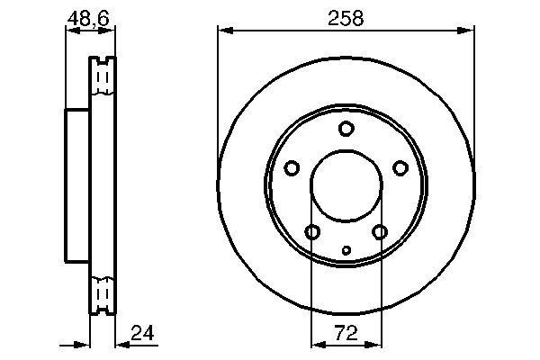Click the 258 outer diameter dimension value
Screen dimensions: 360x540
[346, 17]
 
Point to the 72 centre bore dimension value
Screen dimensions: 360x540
[346, 333]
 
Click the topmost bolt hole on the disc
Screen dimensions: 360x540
[346, 129]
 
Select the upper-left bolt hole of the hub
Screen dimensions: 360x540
[292, 167]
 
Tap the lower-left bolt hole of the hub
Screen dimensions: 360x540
[312, 233]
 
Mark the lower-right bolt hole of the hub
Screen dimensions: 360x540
[380, 233]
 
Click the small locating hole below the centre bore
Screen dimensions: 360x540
[346, 250]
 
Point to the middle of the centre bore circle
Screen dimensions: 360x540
[346, 187]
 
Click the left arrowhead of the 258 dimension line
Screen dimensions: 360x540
[223, 31]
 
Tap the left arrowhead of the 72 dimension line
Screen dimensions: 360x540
[315, 344]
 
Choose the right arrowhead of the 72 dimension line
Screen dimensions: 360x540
[376, 344]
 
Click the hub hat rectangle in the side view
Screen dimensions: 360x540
[77, 187]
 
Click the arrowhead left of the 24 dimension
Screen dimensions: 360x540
[85, 344]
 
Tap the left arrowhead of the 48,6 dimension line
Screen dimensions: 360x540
[71, 31]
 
